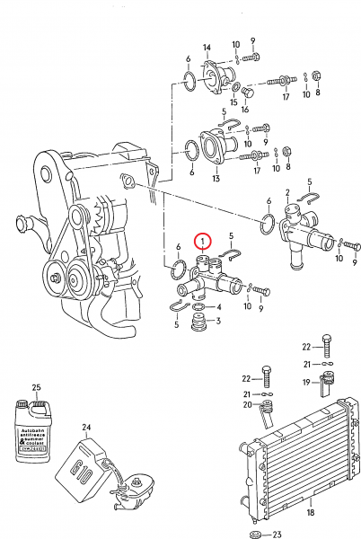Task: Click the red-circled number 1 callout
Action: pos(204,242)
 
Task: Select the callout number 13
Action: pos(216,178)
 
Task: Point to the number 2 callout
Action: pos(286,192)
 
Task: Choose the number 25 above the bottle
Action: pos(37,387)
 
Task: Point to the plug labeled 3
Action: pos(195,337)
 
